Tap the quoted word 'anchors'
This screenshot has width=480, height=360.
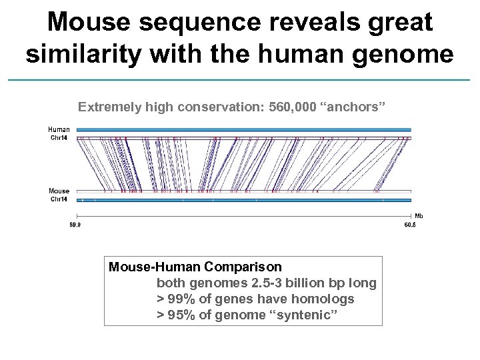pyautogui.click(x=350, y=107)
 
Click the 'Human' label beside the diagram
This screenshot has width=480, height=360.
pyautogui.click(x=59, y=129)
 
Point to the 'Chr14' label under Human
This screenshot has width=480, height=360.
pyautogui.click(x=59, y=138)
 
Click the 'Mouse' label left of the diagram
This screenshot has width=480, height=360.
pyautogui.click(x=59, y=191)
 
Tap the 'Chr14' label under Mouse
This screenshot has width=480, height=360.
pyautogui.click(x=59, y=199)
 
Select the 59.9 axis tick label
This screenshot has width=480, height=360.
pyautogui.click(x=76, y=225)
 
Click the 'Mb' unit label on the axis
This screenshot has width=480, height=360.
pyautogui.click(x=419, y=216)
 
